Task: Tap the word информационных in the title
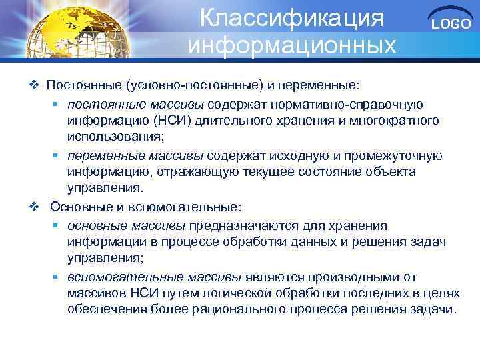pos(292,45)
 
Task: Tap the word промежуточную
pos(394,155)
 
